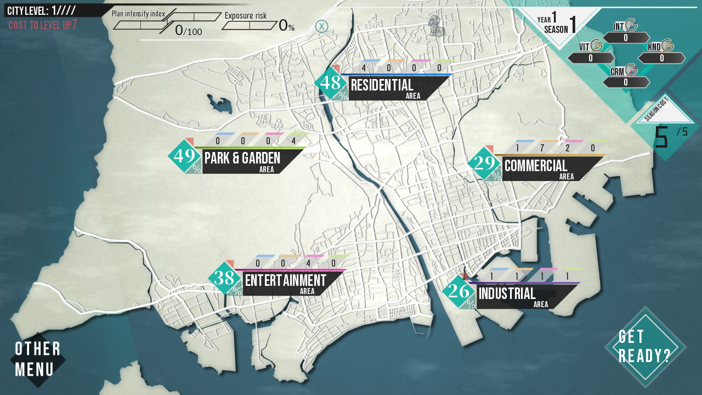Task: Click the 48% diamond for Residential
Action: point(331,83)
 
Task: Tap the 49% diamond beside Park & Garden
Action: point(185,156)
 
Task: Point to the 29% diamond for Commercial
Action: point(485,163)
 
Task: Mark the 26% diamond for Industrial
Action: point(459,291)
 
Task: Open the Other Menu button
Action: point(37,359)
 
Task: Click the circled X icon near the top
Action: point(322,26)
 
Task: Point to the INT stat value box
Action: point(626,38)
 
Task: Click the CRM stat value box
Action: point(626,82)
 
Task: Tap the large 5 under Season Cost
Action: point(661,137)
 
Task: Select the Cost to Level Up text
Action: point(43,25)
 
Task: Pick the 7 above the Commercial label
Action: point(542,148)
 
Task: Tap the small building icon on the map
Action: point(437,26)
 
